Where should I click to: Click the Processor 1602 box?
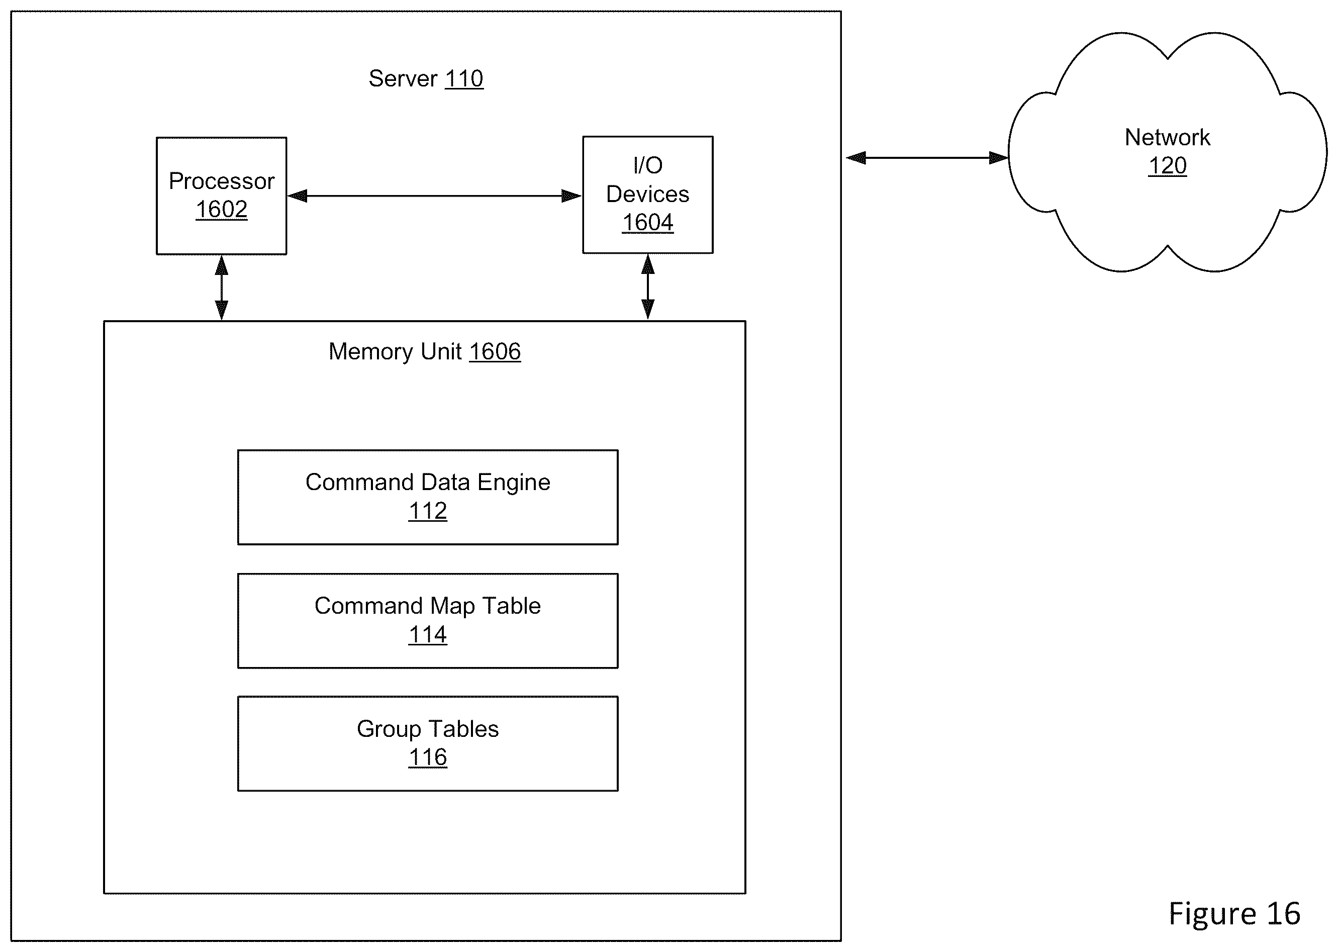[x=222, y=196]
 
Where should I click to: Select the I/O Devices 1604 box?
[x=647, y=195]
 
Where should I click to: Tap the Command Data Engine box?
[x=428, y=497]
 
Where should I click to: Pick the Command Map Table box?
[x=428, y=621]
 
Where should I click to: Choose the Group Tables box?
[x=428, y=744]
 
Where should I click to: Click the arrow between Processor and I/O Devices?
[x=434, y=196]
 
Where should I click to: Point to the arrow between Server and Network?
[x=927, y=158]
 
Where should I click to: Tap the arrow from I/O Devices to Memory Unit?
[x=647, y=287]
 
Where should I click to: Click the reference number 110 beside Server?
[x=464, y=78]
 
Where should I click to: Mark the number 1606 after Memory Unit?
[x=495, y=352]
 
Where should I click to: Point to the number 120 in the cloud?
[x=1168, y=166]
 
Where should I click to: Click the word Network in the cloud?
[x=1168, y=137]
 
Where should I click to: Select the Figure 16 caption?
[x=1234, y=913]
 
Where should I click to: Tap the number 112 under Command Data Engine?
[x=428, y=511]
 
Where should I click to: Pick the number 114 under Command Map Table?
[x=428, y=635]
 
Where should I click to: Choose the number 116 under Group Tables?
[x=428, y=757]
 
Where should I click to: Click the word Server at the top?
[x=403, y=78]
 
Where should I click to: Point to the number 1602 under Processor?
[x=222, y=209]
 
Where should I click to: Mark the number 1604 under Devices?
[x=647, y=223]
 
